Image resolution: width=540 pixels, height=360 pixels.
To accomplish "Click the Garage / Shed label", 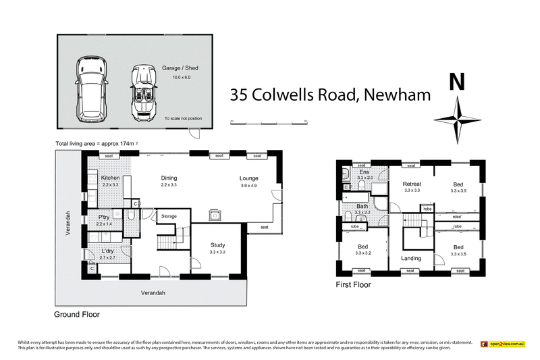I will tap(180, 68).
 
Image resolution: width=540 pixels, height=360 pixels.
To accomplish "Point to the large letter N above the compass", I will tap(457, 82).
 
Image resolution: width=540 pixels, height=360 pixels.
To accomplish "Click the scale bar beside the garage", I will tap(269, 122).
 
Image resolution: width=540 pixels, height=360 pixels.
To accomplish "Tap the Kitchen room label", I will tap(110, 178).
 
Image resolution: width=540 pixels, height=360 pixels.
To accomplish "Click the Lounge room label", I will tap(248, 178).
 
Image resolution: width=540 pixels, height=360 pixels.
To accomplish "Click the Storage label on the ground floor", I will tap(169, 216).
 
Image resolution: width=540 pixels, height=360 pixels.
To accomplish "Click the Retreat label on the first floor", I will tap(412, 184).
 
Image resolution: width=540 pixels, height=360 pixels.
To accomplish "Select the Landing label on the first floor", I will tap(410, 258).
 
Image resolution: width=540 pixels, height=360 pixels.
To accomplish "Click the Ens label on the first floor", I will tap(364, 172).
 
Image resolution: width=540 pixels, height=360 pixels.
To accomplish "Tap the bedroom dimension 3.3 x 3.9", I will tap(458, 191).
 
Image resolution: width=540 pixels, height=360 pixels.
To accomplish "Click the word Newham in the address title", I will tap(397, 95).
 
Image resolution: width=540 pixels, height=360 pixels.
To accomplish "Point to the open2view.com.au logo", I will tap(502, 344).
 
